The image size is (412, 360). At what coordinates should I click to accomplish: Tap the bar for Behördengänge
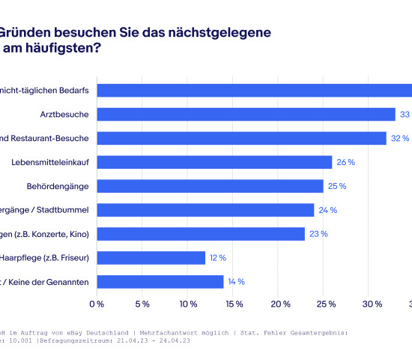pyautogui.click(x=210, y=186)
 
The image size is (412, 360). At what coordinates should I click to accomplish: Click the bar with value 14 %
pyautogui.click(x=160, y=282)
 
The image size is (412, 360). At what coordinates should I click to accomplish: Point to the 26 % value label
pyautogui.click(x=345, y=162)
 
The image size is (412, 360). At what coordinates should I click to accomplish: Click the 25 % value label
pyautogui.click(x=336, y=186)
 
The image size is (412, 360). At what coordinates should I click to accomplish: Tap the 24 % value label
pyautogui.click(x=327, y=210)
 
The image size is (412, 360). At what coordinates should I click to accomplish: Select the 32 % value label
pyautogui.click(x=400, y=138)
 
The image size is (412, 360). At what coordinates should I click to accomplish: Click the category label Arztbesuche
pyautogui.click(x=65, y=114)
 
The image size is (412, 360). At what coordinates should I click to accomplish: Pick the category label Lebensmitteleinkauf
pyautogui.click(x=51, y=162)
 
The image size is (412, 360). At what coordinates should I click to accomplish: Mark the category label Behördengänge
pyautogui.click(x=59, y=186)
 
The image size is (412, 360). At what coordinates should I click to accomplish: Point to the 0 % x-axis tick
pyautogui.click(x=97, y=304)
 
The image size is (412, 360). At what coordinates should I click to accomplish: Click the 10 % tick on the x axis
pyautogui.click(x=189, y=304)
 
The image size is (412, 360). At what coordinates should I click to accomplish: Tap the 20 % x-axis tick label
pyautogui.click(x=281, y=304)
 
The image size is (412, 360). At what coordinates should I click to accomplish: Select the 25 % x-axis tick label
pyautogui.click(x=327, y=304)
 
